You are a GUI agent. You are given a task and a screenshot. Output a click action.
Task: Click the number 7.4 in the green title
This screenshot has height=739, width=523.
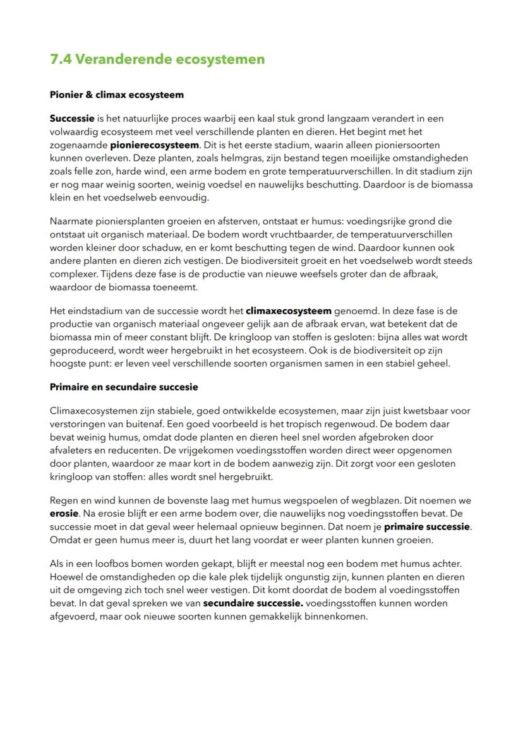coord(61,59)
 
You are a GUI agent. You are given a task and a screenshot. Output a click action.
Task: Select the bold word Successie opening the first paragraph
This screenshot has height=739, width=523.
coord(71,119)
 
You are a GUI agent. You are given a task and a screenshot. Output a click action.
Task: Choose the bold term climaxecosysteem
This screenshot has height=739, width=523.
coord(288,311)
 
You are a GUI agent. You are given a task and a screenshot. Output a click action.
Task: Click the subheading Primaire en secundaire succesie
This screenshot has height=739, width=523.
coord(124,387)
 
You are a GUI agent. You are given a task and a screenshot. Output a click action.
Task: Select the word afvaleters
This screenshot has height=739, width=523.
coord(71,450)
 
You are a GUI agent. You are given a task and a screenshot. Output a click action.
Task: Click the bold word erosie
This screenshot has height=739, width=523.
coord(64,514)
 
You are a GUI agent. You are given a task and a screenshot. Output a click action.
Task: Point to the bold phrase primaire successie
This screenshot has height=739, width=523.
coord(427,526)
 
